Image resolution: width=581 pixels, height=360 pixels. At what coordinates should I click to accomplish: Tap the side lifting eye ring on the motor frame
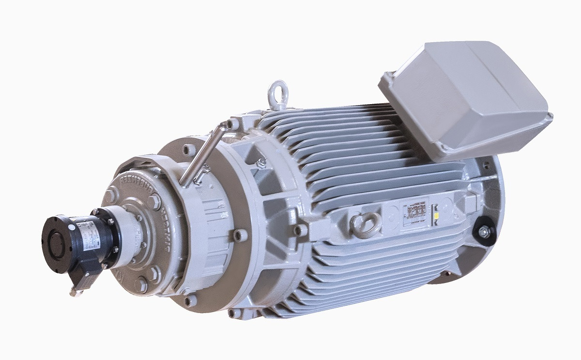coord(363,224)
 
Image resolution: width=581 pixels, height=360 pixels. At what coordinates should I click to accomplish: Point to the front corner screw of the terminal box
coord(387,78)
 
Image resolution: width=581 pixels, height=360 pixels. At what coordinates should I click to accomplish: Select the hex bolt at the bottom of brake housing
coord(140,283)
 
